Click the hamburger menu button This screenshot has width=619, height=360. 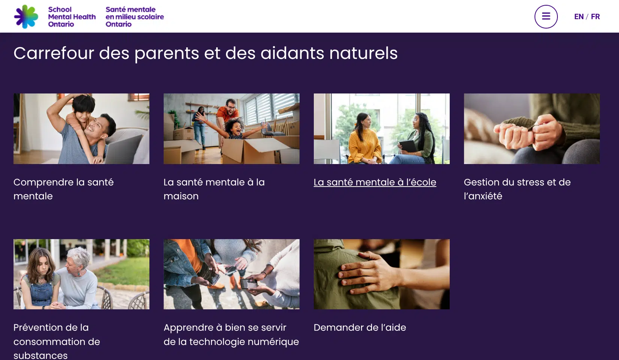click(546, 17)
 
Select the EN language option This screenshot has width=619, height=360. click(579, 17)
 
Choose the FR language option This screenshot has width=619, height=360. click(595, 17)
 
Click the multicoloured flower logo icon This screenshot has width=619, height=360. click(26, 17)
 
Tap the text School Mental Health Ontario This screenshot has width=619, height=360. click(72, 17)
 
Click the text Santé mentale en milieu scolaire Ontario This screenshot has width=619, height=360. click(135, 17)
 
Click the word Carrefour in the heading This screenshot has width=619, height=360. click(54, 53)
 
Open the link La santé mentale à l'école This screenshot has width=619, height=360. click(375, 182)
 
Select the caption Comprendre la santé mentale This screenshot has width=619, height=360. click(63, 189)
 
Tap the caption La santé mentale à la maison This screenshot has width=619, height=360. click(214, 189)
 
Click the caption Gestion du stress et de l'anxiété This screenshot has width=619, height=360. click(517, 189)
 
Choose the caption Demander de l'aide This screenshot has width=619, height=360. click(360, 328)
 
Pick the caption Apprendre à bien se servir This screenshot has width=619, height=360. click(225, 328)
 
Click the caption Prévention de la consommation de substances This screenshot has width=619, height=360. click(57, 341)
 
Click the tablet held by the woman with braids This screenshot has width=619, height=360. click(408, 146)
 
